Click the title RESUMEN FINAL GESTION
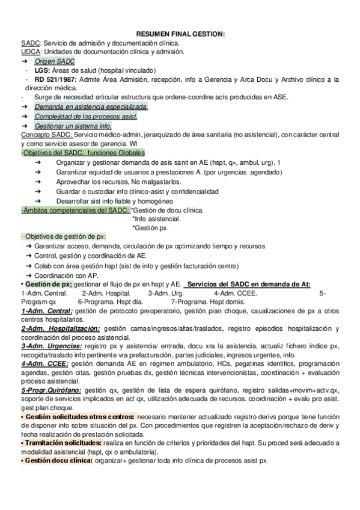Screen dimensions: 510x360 click(x=180, y=35)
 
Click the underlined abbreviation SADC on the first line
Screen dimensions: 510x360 click(x=30, y=44)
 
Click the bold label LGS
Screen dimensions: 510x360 click(x=41, y=70)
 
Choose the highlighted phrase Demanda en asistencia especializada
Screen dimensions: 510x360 click(x=91, y=106)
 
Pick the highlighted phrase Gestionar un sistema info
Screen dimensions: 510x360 click(x=73, y=127)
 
